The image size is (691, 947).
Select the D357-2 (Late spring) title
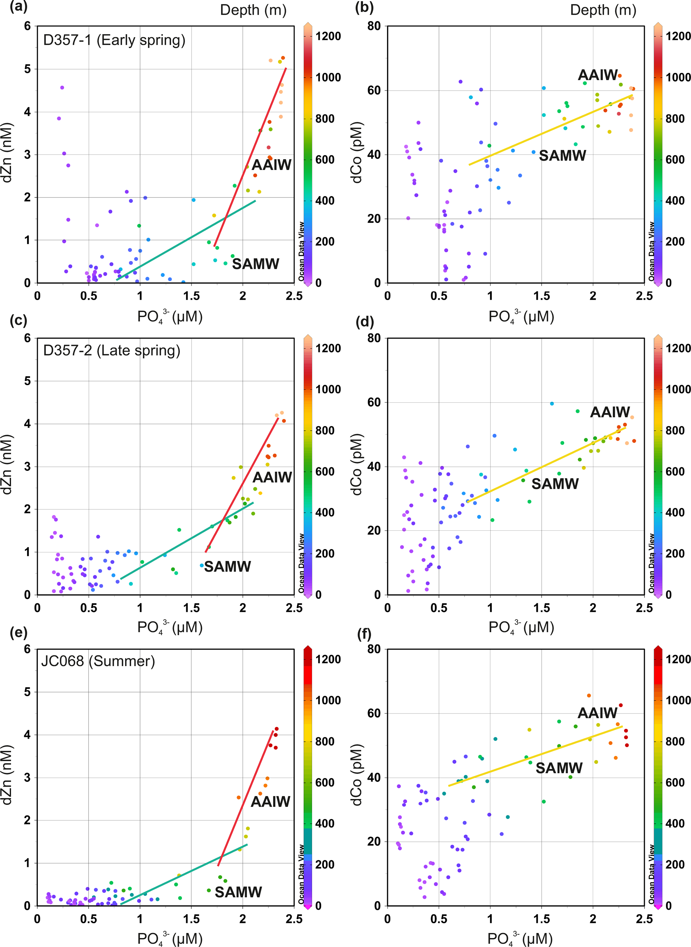pyautogui.click(x=112, y=351)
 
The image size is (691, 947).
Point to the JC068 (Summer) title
pyautogui.click(x=98, y=661)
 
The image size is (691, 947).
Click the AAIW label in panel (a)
pyautogui.click(x=271, y=165)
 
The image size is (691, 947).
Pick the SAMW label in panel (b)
pyautogui.click(x=562, y=155)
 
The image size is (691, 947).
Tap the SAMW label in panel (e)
pyautogui.click(x=238, y=892)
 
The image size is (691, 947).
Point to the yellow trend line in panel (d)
pyautogui.click(x=544, y=465)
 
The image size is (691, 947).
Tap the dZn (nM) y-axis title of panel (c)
pyautogui.click(x=7, y=464)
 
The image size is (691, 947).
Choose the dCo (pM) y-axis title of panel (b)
pyautogui.click(x=357, y=153)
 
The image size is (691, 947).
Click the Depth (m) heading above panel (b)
pyautogui.click(x=603, y=10)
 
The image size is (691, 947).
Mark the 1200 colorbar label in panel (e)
pyautogui.click(x=328, y=659)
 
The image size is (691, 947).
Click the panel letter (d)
pyautogui.click(x=364, y=321)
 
